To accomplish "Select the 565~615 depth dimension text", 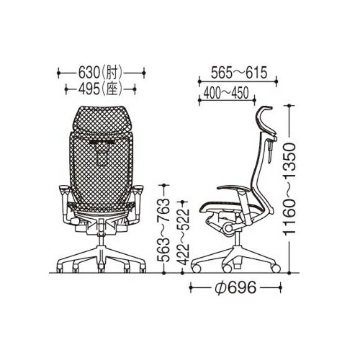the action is click(x=239, y=73).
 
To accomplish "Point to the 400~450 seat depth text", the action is click(x=226, y=93).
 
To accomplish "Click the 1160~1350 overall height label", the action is click(x=289, y=189).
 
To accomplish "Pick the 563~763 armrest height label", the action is click(x=163, y=230).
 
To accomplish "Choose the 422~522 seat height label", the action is click(x=184, y=237).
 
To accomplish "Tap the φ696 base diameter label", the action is click(x=235, y=287).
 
